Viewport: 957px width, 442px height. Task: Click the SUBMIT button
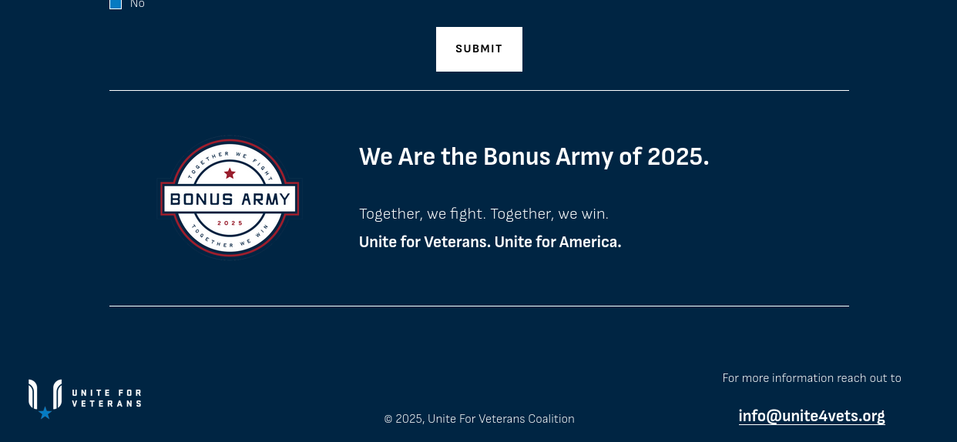coord(479,49)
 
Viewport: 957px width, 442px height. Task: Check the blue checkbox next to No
coord(116,3)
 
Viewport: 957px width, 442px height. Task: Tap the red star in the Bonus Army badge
coord(230,173)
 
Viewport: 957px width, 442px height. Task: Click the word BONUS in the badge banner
coord(202,199)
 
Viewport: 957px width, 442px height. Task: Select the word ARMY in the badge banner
coord(266,199)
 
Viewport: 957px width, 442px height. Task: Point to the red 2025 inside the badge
coord(230,223)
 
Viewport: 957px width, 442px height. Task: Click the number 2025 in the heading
coord(678,157)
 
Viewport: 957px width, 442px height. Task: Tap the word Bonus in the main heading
coord(516,157)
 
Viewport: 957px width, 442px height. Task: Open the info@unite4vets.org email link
coord(811,416)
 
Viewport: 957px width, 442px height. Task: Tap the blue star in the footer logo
coord(45,413)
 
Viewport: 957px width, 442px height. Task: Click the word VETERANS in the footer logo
coord(106,403)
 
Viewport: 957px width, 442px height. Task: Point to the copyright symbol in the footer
coord(388,419)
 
